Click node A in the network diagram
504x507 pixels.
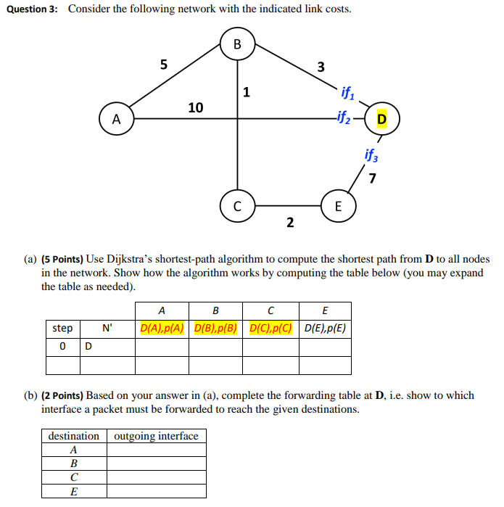[116, 119]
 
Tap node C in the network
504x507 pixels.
[237, 206]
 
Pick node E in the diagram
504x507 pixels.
[337, 206]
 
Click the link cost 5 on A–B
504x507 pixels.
[164, 64]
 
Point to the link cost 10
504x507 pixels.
[196, 107]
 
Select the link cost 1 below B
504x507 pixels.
[247, 92]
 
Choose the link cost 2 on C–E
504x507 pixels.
[289, 222]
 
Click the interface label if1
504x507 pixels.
[347, 93]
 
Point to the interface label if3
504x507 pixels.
[371, 154]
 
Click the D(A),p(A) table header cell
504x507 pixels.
[162, 328]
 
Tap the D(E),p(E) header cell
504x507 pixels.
[324, 328]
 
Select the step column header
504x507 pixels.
[62, 328]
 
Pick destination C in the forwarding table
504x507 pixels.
[73, 477]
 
